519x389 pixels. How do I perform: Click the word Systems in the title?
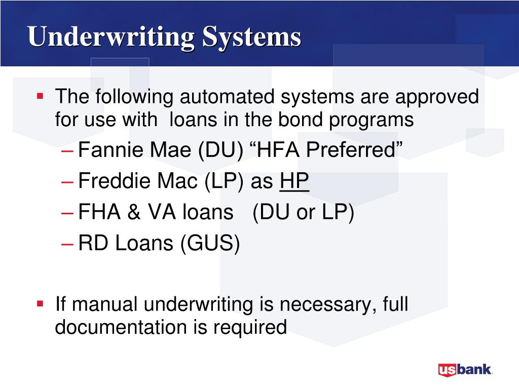(251, 37)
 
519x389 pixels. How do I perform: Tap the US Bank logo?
(465, 369)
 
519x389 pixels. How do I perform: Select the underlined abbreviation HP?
(294, 181)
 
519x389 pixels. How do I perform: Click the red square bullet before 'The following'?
(41, 95)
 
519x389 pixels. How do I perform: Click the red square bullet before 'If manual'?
(41, 303)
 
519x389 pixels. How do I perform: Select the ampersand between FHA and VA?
(134, 212)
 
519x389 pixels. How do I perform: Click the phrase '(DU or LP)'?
(303, 212)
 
